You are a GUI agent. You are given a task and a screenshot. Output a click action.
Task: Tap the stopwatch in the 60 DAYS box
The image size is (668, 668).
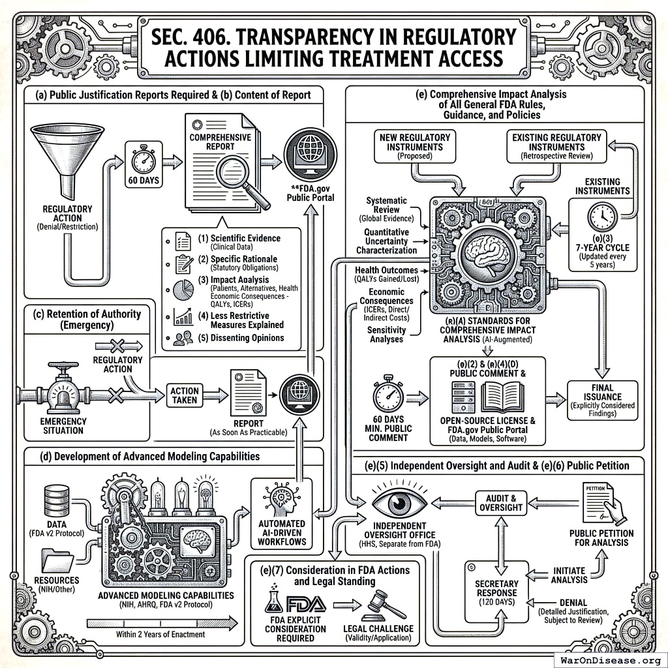(x=143, y=160)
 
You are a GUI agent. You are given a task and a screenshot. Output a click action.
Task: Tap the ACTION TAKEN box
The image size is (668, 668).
(x=185, y=395)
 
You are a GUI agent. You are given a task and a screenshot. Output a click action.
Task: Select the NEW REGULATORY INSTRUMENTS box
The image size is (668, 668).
(x=414, y=147)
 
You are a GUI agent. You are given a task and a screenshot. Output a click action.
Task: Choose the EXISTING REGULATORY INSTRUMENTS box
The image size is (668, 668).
(x=556, y=147)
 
